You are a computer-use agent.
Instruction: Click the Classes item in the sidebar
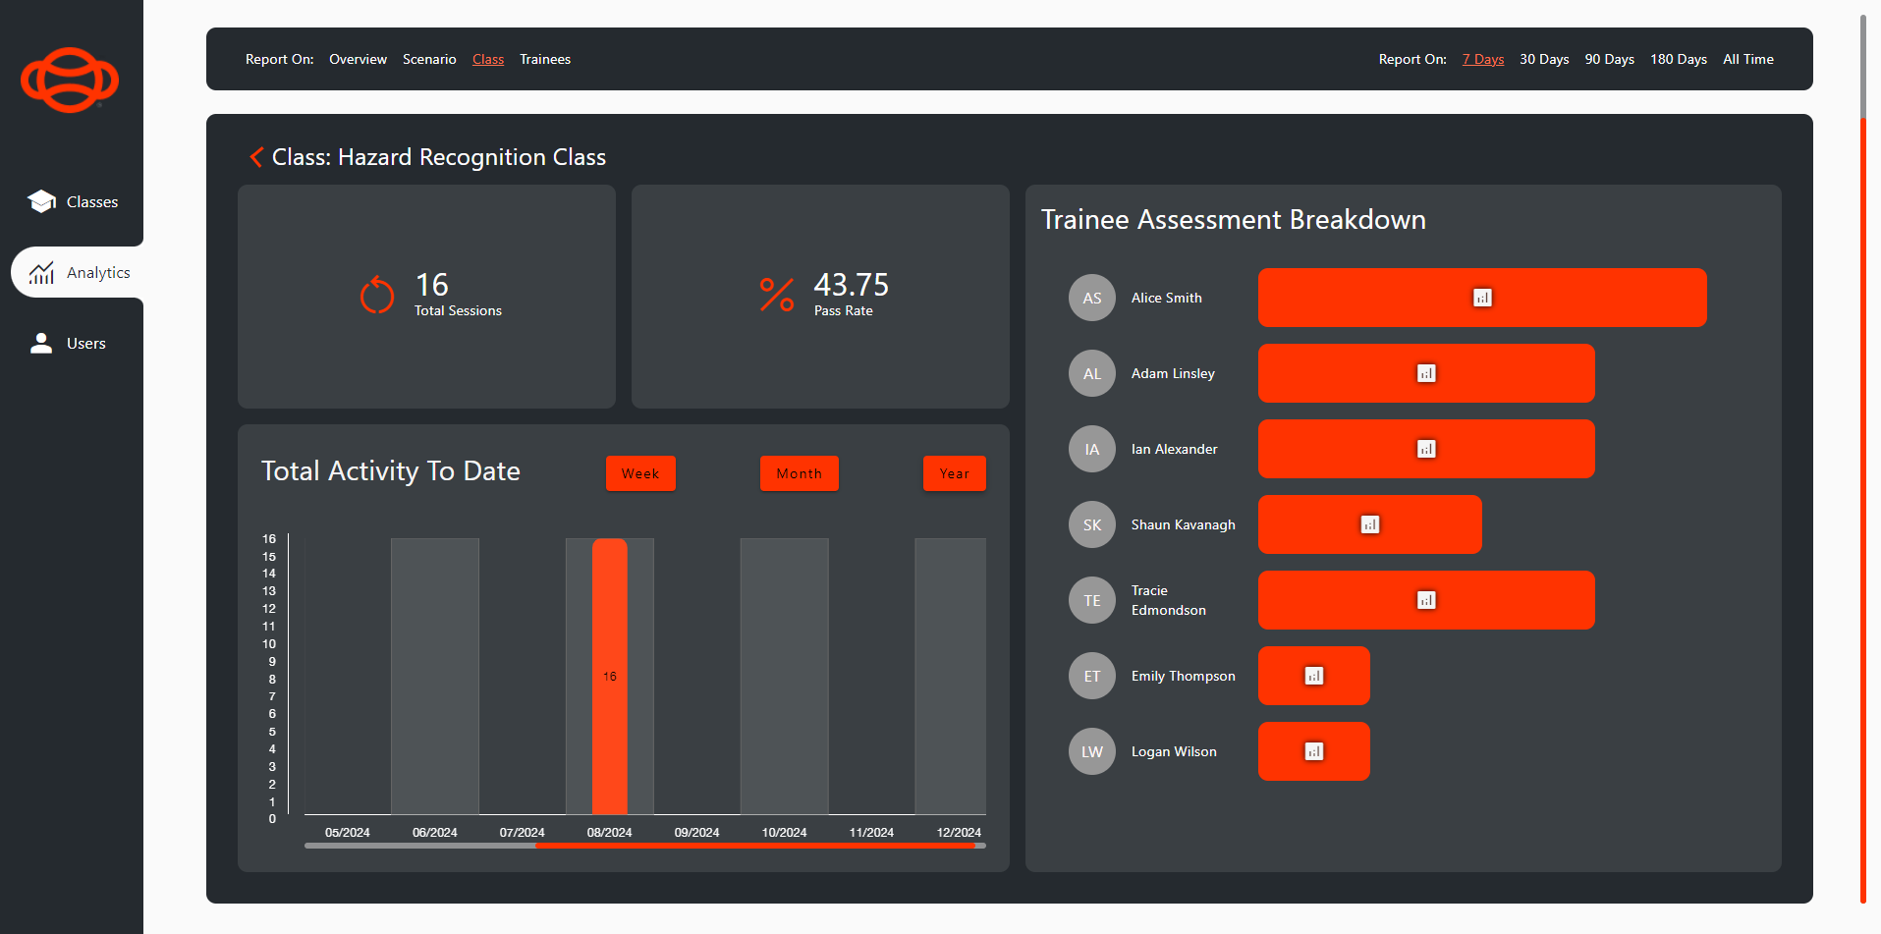point(74,202)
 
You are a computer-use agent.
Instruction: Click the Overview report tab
point(358,60)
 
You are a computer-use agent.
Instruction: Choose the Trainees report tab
point(545,60)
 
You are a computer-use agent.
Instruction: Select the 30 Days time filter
point(1543,60)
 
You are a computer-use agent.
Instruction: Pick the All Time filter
point(1747,60)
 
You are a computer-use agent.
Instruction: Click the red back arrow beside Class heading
point(256,157)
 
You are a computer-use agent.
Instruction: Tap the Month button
point(799,473)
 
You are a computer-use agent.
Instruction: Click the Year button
point(954,473)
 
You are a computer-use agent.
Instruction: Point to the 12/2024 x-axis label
point(959,833)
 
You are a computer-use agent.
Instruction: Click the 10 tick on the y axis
point(269,644)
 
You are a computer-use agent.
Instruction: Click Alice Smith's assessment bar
point(1481,298)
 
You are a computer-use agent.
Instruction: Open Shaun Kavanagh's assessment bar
point(1369,524)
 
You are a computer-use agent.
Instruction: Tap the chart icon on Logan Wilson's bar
point(1314,751)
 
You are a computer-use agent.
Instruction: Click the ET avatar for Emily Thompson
point(1092,676)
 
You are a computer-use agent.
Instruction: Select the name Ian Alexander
point(1174,449)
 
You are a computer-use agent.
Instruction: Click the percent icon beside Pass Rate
point(776,295)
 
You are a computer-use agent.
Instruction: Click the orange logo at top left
point(70,80)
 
